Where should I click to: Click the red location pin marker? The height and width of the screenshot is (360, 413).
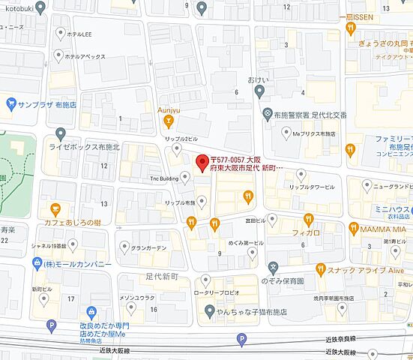click(201, 162)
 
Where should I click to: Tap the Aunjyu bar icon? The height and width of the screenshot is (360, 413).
click(169, 121)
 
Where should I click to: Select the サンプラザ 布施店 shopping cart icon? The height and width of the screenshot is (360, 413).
click(10, 103)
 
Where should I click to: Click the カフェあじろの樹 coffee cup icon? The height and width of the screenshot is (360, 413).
click(55, 208)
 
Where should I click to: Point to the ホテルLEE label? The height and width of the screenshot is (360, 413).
click(79, 34)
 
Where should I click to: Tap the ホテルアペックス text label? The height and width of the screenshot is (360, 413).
click(83, 56)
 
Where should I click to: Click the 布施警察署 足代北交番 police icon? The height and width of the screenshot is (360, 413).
click(267, 115)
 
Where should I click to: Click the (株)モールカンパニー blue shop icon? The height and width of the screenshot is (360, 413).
click(37, 263)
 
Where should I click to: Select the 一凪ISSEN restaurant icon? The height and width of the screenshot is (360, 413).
click(350, 28)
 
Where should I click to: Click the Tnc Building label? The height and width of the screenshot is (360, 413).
click(164, 179)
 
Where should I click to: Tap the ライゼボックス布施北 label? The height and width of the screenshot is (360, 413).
click(84, 147)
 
